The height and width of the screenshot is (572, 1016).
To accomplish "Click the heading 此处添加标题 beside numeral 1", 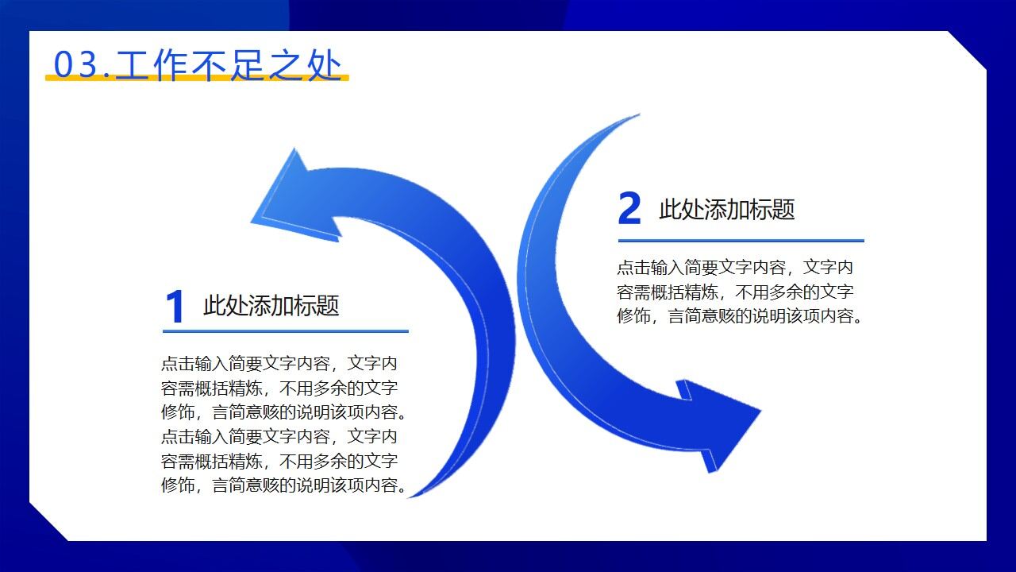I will click(x=271, y=306).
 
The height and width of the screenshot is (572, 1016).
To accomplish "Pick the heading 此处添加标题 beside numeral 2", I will click(x=726, y=210).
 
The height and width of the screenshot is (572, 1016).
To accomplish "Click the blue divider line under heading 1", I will click(x=286, y=331).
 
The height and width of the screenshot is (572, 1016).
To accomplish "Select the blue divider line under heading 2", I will click(x=741, y=240).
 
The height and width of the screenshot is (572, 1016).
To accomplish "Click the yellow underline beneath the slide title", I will click(x=197, y=78).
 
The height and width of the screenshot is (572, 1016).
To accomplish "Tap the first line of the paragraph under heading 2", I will click(x=735, y=267).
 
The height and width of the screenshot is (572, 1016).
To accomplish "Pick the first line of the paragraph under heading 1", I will click(x=279, y=364).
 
